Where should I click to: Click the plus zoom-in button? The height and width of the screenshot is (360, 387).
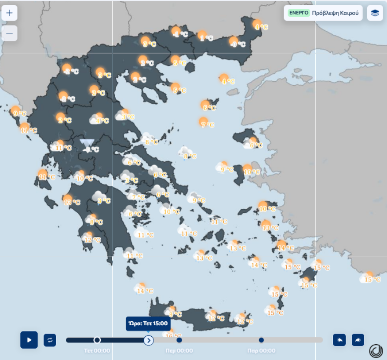[9, 13]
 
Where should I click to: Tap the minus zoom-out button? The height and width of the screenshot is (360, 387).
[9, 33]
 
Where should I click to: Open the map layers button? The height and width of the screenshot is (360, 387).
[375, 13]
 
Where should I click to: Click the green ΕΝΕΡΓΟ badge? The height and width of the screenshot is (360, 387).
[299, 13]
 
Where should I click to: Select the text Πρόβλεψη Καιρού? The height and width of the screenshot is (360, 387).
[335, 13]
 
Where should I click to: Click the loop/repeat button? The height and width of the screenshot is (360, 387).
[50, 340]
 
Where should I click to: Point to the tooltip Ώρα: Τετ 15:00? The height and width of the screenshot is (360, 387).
[148, 324]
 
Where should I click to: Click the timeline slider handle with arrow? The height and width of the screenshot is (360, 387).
[149, 340]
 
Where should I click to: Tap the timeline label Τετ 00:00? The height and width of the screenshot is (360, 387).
[97, 351]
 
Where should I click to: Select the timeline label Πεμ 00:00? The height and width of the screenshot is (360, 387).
[179, 351]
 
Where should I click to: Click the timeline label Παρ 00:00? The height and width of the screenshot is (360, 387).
[261, 351]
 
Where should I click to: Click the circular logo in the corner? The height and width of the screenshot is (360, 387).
[376, 351]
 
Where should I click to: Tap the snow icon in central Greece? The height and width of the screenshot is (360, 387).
[88, 144]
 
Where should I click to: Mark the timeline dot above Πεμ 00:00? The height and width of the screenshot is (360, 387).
[179, 340]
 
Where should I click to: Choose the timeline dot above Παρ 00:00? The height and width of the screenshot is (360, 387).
[261, 340]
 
